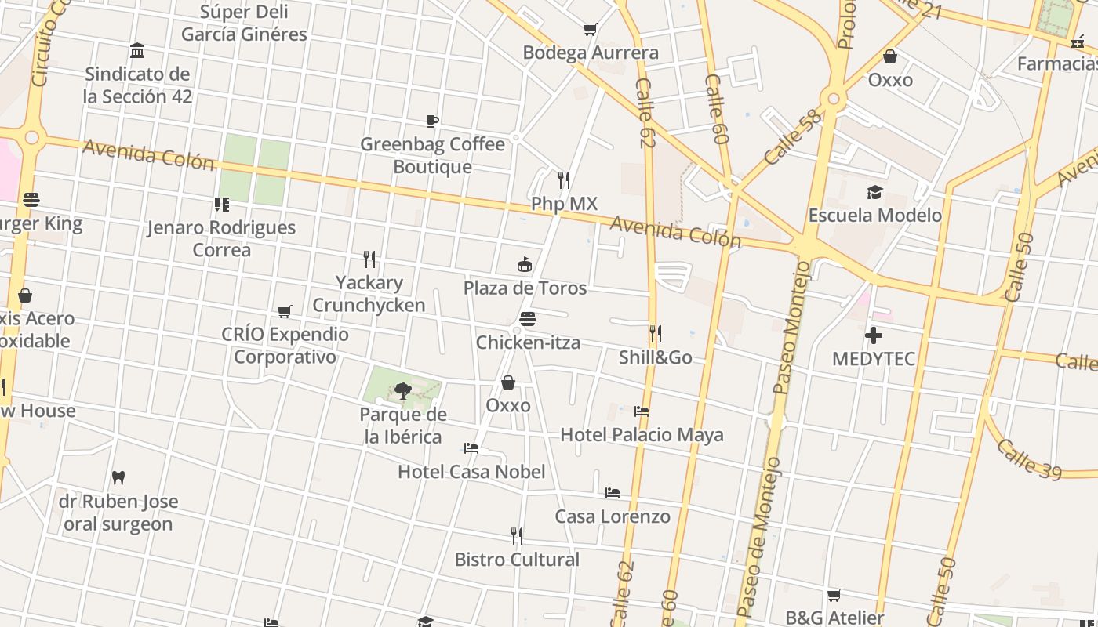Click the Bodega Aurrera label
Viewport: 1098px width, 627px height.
click(x=590, y=53)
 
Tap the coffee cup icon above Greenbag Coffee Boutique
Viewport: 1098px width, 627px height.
click(x=432, y=121)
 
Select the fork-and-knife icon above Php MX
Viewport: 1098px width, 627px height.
click(x=563, y=180)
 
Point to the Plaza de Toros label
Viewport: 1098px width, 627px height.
click(x=525, y=288)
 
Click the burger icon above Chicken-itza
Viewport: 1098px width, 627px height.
click(x=528, y=319)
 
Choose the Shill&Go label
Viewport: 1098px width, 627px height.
click(x=655, y=357)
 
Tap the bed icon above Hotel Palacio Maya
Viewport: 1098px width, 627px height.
click(x=642, y=411)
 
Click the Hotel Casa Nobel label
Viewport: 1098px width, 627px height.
click(x=471, y=472)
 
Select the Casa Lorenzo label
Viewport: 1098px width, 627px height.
click(x=613, y=516)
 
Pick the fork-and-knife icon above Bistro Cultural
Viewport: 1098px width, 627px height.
click(x=516, y=536)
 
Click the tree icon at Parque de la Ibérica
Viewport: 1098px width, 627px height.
click(x=403, y=390)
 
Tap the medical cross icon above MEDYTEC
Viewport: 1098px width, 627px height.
click(x=874, y=335)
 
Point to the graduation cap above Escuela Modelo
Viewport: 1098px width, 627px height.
click(x=874, y=193)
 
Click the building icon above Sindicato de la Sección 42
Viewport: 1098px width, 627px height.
click(x=137, y=51)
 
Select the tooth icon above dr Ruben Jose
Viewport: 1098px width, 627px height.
click(x=118, y=477)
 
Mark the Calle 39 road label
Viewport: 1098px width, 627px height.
click(x=1028, y=458)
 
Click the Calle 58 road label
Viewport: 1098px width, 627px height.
click(x=793, y=136)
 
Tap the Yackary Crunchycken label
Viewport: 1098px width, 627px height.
click(x=369, y=294)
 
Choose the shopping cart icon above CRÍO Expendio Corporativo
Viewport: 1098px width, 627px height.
click(x=285, y=312)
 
